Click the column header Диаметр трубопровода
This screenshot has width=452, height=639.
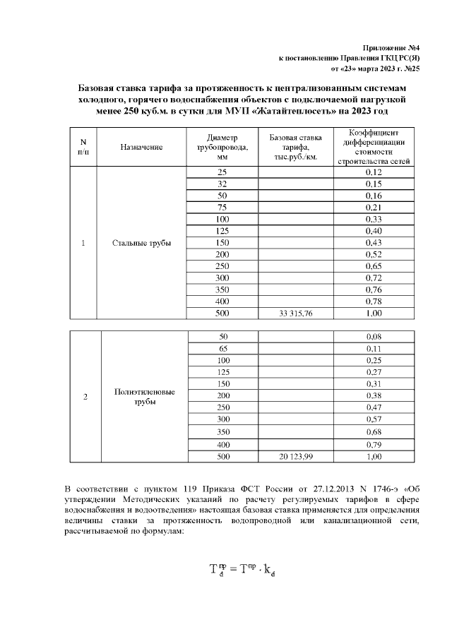[222, 147]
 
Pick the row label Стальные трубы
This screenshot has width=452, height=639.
[141, 244]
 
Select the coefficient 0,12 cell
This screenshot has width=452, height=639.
[374, 172]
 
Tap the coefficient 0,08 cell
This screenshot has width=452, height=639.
[374, 336]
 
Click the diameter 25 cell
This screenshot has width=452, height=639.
[222, 172]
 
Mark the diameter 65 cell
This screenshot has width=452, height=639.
[222, 348]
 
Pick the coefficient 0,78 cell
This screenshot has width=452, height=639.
[374, 302]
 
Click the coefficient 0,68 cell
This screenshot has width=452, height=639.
[374, 431]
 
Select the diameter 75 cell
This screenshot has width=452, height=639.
[222, 208]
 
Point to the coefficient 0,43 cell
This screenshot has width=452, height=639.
[374, 243]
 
